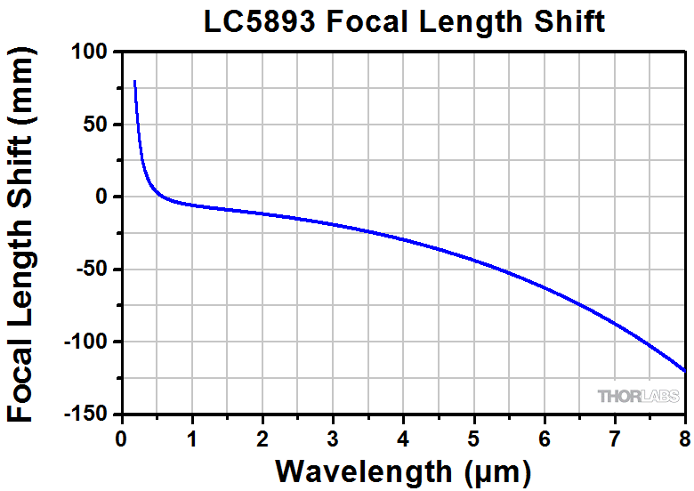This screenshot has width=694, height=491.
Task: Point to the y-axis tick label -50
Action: click(x=92, y=270)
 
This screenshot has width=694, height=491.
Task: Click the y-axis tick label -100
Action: click(x=85, y=342)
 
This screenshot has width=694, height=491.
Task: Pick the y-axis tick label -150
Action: click(x=85, y=415)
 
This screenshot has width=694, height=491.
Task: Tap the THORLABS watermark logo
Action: click(x=638, y=397)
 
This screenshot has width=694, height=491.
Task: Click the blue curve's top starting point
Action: click(x=134, y=81)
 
